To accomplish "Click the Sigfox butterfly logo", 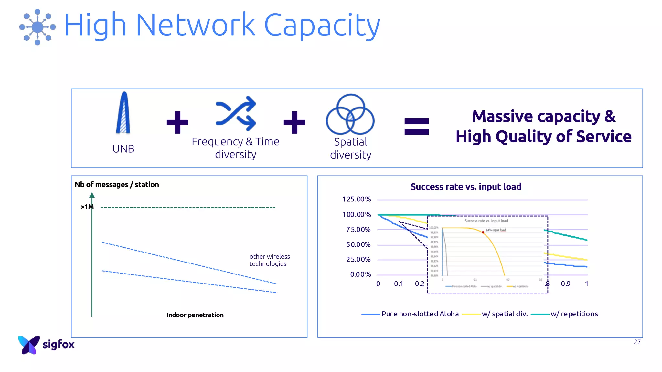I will tap(29, 345).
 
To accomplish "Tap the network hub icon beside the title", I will tap(37, 27).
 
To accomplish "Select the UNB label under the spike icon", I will tap(123, 149).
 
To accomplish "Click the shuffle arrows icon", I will tap(236, 114).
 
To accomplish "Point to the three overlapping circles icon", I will tap(350, 114).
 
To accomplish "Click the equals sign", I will tap(417, 126).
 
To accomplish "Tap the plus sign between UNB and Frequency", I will tap(177, 122).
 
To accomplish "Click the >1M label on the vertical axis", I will tap(87, 207).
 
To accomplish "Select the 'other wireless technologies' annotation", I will tap(269, 260).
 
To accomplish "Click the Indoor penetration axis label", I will tap(195, 315).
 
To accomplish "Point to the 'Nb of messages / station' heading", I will tap(117, 185).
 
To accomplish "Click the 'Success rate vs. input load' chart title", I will tap(466, 187).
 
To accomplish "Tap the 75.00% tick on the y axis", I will tap(358, 230).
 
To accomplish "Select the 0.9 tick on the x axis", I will tap(565, 284).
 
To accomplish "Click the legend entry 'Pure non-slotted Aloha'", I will tap(420, 314).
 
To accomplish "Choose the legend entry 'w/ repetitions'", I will tap(574, 314).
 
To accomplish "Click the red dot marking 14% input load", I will tap(483, 232).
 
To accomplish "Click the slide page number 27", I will tap(637, 342).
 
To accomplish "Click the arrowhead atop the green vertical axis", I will tap(92, 195).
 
